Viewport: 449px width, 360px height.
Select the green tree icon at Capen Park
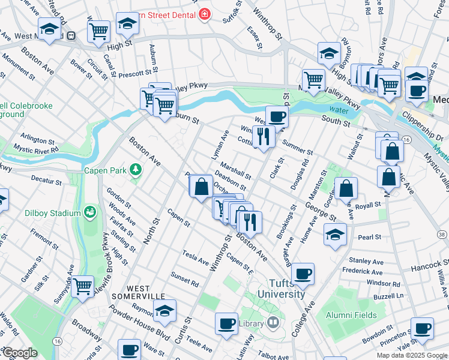(136, 170)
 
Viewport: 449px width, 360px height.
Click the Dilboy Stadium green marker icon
(90, 212)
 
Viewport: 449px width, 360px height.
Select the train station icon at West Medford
(71, 36)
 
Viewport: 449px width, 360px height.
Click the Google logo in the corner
(19, 353)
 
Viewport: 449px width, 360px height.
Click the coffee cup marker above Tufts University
(304, 274)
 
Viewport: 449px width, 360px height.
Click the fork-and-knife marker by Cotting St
(263, 136)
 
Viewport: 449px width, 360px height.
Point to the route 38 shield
(442, 217)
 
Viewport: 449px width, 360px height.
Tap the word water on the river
(339, 110)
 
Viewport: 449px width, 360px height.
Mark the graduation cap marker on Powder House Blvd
(164, 311)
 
